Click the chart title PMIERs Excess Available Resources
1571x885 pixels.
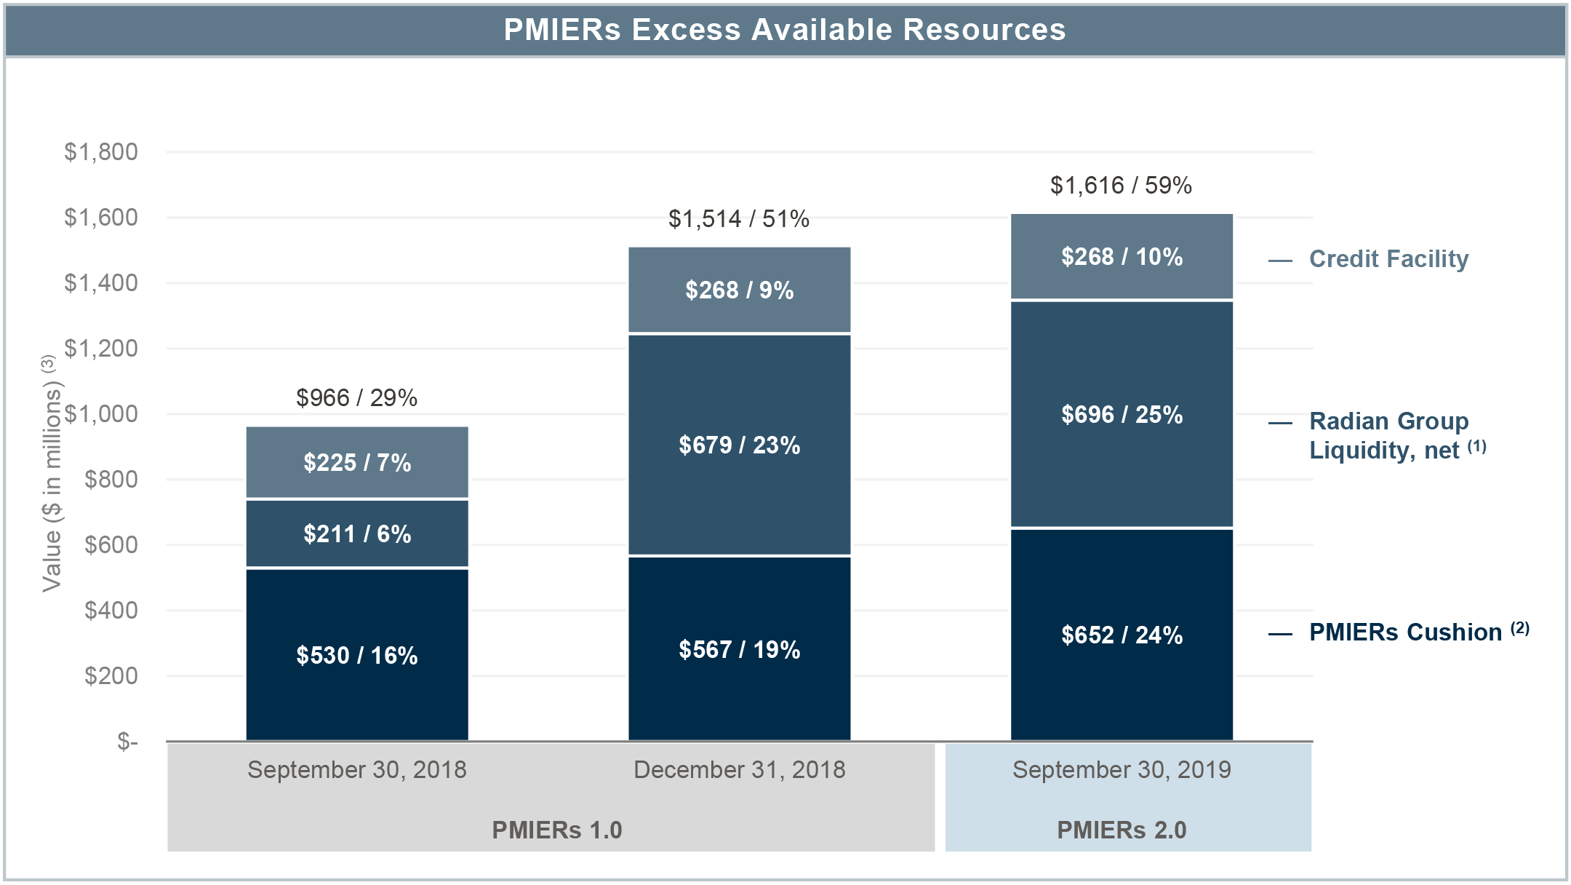point(785,31)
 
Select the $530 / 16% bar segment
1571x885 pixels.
point(357,655)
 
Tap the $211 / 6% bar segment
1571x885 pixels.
point(357,533)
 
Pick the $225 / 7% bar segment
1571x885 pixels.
point(357,462)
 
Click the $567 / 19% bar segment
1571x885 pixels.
point(739,649)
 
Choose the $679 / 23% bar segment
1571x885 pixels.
point(739,445)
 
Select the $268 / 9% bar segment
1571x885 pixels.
point(739,290)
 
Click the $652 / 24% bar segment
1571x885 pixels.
point(1122,635)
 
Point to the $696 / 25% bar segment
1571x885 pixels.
point(1122,414)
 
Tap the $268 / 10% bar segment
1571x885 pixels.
point(1122,257)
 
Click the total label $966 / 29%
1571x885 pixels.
point(357,398)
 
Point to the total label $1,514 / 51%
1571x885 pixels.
point(739,219)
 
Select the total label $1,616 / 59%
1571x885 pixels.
point(1121,186)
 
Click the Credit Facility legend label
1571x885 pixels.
point(1388,259)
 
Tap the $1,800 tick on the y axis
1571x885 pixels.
point(101,152)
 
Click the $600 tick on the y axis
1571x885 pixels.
point(111,544)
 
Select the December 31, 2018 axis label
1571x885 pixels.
point(739,770)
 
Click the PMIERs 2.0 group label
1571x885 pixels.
point(1122,830)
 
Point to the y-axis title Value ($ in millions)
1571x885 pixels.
point(51,473)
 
